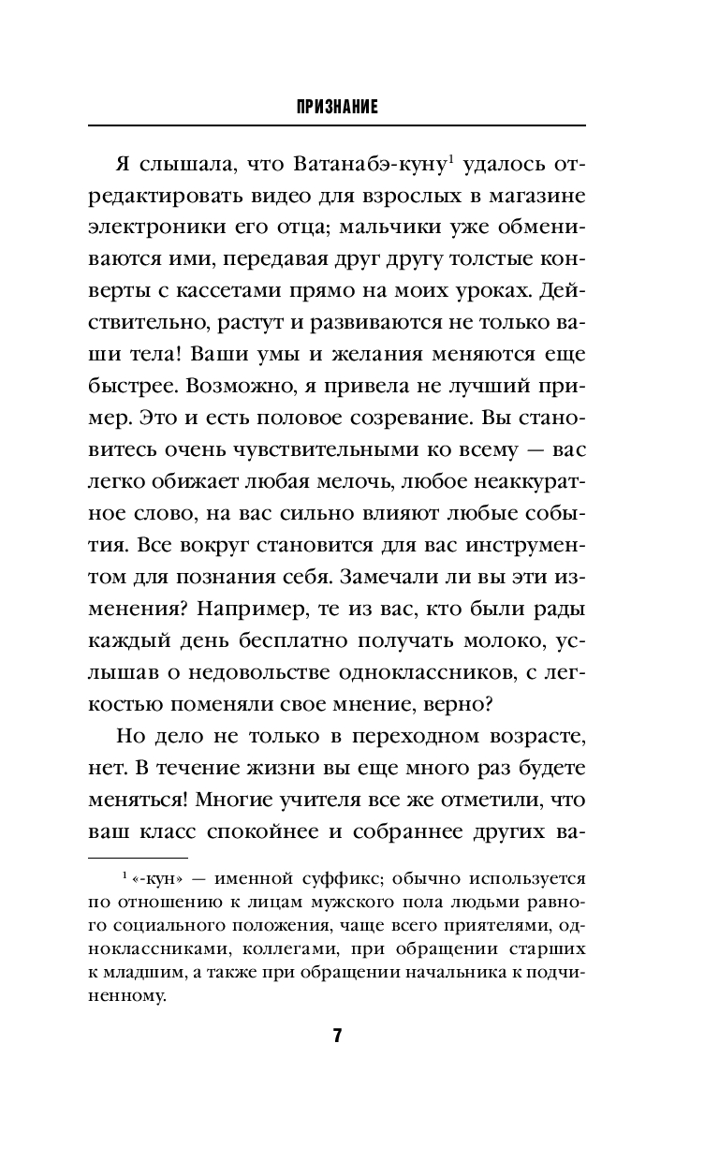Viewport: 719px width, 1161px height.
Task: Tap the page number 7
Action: tap(337, 1036)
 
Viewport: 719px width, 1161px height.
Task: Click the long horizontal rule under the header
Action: tap(337, 125)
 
